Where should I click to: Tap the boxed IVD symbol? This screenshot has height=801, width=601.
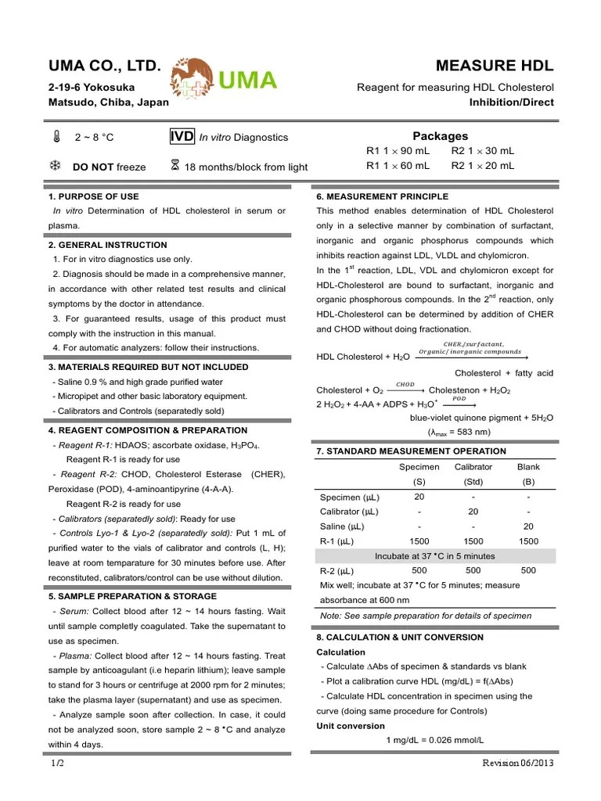pos(182,137)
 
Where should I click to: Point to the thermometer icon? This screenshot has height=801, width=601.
pos(56,138)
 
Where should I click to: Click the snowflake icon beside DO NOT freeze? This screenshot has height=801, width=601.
pos(56,166)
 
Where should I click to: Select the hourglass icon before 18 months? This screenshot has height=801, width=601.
pos(175,166)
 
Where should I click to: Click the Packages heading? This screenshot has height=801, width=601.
pos(440,136)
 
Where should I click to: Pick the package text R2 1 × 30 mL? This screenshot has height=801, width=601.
pos(483,151)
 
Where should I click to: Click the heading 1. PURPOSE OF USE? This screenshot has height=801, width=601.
pos(94,196)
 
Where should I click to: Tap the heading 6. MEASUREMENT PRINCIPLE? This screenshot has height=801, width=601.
pos(383,196)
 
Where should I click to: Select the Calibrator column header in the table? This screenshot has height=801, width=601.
pos(473,467)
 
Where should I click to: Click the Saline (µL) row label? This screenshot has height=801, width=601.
pos(348,526)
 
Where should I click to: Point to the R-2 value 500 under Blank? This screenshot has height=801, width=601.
pos(528,570)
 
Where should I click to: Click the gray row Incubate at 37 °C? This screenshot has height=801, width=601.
pos(435,556)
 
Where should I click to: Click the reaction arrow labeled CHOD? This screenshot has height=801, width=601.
pos(405,389)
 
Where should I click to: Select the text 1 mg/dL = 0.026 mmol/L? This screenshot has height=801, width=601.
pos(435,740)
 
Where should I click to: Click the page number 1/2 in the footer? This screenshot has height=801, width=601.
pos(57,763)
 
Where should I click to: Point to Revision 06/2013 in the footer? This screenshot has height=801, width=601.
pos(518,763)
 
